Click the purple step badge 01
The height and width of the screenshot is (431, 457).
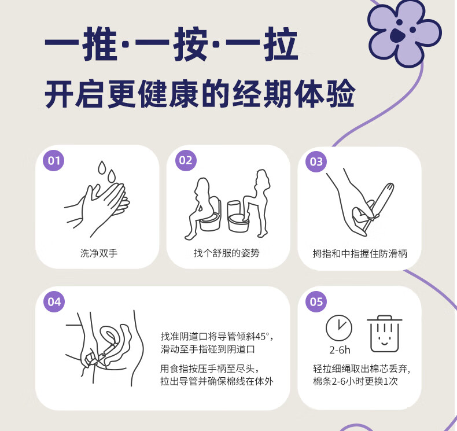(x=54, y=161)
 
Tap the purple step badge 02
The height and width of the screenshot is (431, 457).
(x=186, y=161)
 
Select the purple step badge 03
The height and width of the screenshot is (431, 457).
(x=316, y=162)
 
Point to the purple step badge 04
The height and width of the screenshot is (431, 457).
(x=54, y=301)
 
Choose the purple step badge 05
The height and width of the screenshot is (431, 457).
(x=316, y=301)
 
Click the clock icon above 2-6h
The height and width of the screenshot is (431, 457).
(x=338, y=328)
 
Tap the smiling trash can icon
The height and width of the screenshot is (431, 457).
(x=385, y=334)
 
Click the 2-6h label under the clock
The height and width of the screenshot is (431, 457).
(x=340, y=349)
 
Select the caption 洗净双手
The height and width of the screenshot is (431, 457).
(x=99, y=253)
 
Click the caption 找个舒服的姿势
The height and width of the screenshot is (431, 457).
(x=226, y=253)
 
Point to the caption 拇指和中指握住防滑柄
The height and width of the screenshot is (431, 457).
(x=360, y=253)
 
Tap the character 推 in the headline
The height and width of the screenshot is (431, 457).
(x=99, y=44)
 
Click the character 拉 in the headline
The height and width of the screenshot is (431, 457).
(x=281, y=44)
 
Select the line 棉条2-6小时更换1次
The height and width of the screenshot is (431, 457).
(x=355, y=381)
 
